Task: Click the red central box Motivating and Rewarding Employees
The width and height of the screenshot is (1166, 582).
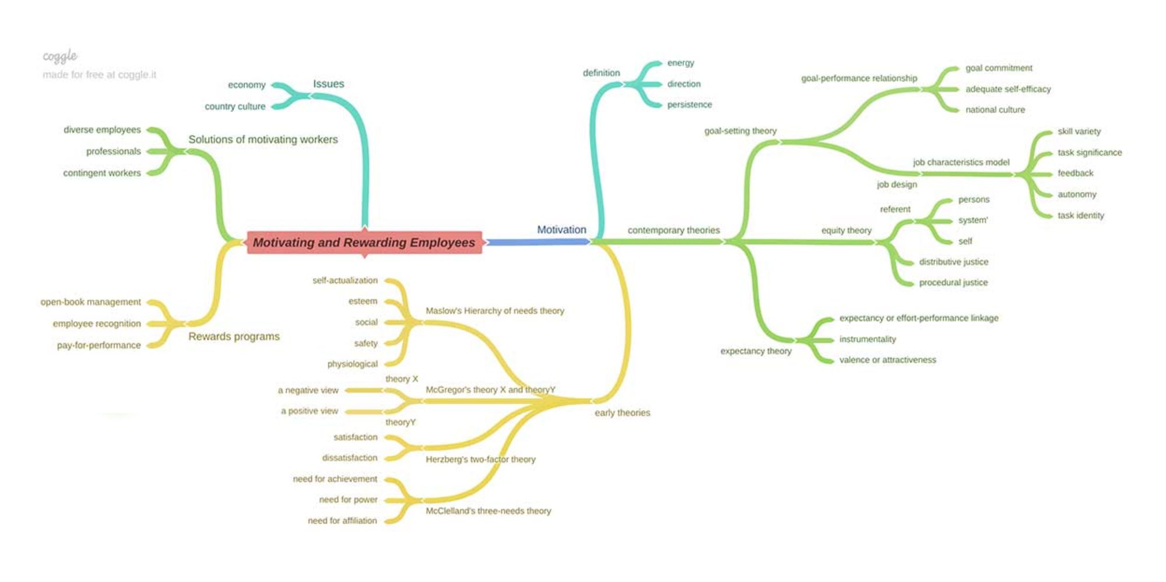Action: click(x=364, y=243)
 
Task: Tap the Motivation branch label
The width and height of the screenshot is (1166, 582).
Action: click(x=561, y=230)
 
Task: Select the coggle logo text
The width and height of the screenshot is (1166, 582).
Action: click(x=60, y=56)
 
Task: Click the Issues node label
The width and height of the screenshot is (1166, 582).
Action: click(x=328, y=84)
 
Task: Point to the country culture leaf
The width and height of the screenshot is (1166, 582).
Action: click(x=235, y=106)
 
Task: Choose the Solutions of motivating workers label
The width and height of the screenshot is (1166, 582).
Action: click(x=263, y=139)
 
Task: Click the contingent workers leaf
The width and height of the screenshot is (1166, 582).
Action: click(x=102, y=173)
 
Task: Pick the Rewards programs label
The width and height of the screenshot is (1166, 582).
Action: click(x=234, y=336)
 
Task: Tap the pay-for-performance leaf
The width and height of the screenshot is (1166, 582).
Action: click(x=99, y=345)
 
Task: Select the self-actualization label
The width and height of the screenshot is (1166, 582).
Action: click(x=345, y=281)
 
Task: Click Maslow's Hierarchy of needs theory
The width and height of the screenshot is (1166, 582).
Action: click(x=495, y=311)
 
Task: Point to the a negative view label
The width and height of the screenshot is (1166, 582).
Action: click(x=308, y=390)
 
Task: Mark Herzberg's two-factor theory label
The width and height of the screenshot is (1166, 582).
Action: click(x=480, y=460)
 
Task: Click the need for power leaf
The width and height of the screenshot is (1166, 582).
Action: click(x=348, y=500)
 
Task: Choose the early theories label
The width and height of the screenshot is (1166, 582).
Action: click(x=622, y=413)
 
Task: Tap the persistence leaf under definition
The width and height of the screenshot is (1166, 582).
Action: click(x=690, y=104)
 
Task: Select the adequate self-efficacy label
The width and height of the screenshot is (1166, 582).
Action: click(x=1008, y=89)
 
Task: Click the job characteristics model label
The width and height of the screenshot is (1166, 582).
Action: click(x=961, y=162)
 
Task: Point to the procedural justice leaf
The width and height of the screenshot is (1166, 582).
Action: click(x=953, y=283)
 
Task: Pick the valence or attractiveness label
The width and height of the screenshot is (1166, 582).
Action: click(x=887, y=360)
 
